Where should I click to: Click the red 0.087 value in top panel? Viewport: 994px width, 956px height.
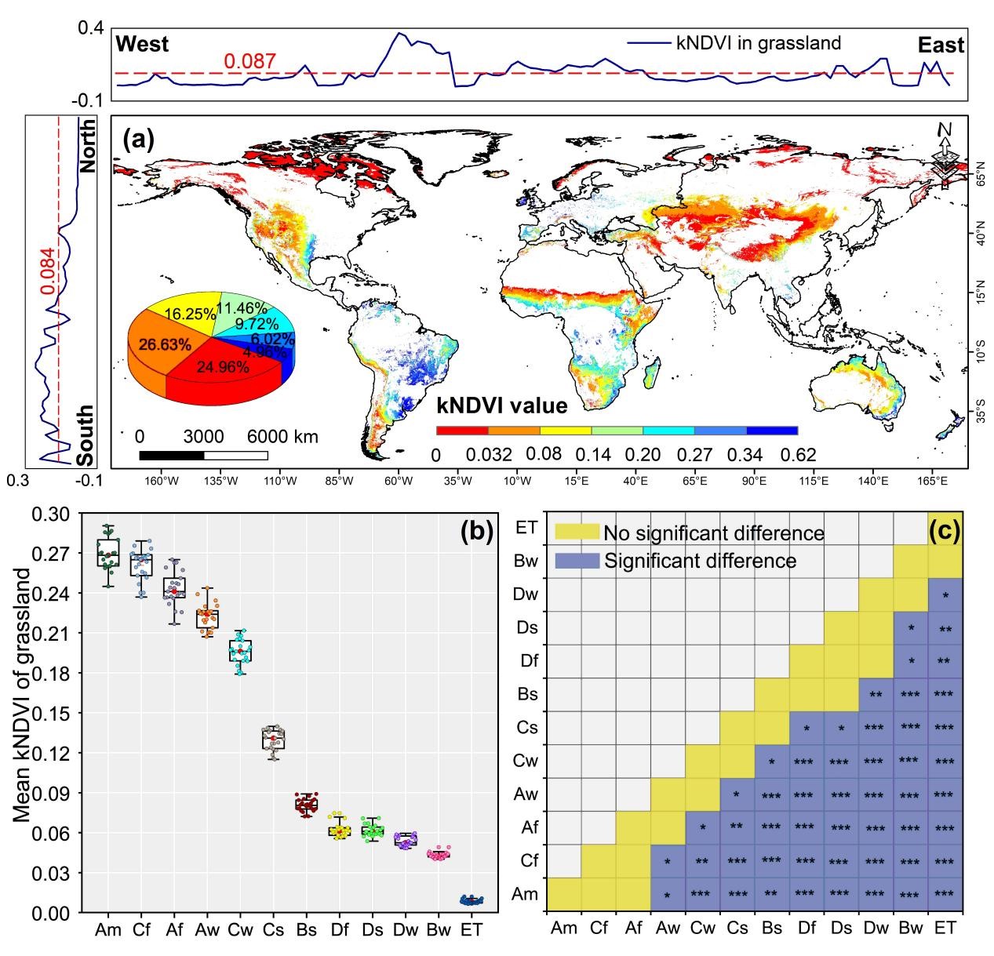[249, 60]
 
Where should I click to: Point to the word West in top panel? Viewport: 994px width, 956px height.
[142, 44]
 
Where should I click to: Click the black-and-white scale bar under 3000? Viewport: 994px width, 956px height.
[203, 455]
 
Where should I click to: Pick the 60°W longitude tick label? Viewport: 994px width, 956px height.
[398, 481]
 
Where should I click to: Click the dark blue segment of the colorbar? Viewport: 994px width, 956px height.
[772, 431]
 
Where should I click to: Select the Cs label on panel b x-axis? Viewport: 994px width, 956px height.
[273, 930]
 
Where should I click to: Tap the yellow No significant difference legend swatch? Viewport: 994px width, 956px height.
[577, 533]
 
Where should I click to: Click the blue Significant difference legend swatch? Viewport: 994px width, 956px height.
[577, 561]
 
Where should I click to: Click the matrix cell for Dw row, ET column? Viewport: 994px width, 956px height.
[945, 594]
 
